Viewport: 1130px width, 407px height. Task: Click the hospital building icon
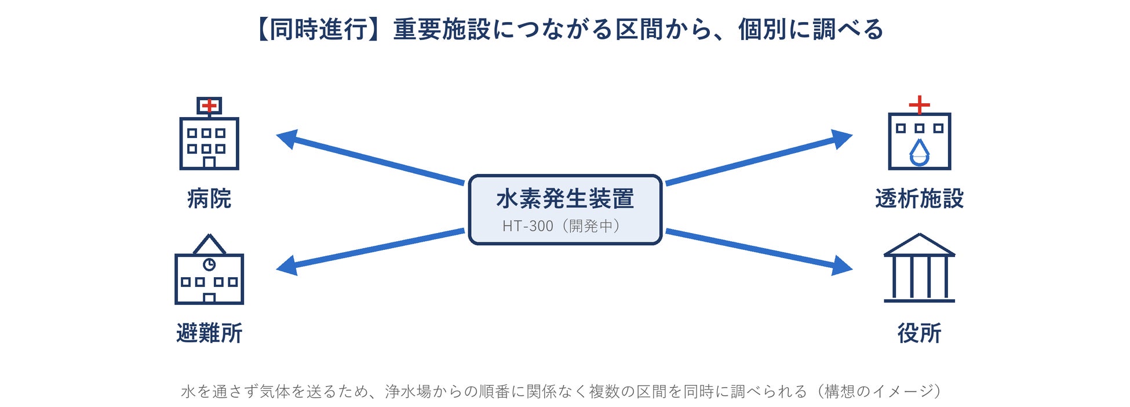[x=209, y=133]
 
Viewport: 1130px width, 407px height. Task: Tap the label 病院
[x=209, y=199]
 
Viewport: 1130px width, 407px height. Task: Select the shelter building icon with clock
[x=209, y=269]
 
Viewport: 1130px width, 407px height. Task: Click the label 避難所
[x=209, y=333]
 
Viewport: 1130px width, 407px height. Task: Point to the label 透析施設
[x=920, y=199]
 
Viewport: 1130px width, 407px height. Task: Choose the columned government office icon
[x=920, y=268]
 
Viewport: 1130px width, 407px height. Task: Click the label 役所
[x=920, y=333]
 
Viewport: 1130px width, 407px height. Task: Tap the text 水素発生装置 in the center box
[x=565, y=199]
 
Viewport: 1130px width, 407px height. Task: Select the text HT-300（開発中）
[x=562, y=226]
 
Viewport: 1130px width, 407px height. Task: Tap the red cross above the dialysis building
[x=920, y=105]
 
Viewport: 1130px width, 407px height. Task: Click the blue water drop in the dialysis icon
[x=920, y=152]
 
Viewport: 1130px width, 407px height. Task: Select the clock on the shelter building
[x=209, y=264]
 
